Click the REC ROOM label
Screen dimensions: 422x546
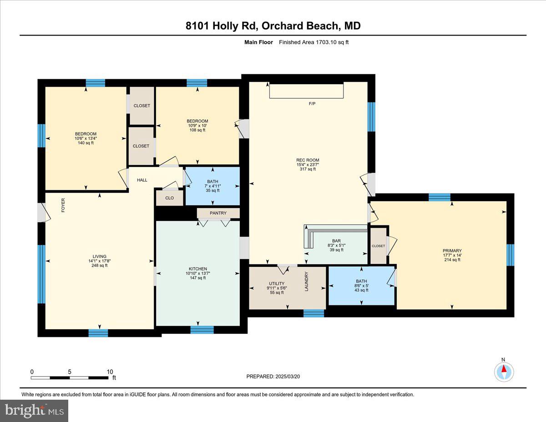pyautogui.click(x=308, y=160)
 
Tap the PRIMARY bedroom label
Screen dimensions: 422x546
pyautogui.click(x=452, y=250)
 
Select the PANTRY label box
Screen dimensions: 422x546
pyautogui.click(x=218, y=213)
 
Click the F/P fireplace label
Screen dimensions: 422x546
pyautogui.click(x=312, y=104)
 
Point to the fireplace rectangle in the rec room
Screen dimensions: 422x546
pyautogui.click(x=306, y=91)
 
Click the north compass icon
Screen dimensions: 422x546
pyautogui.click(x=504, y=371)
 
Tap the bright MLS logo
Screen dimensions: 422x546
pyautogui.click(x=35, y=411)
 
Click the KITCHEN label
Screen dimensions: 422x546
pyautogui.click(x=198, y=269)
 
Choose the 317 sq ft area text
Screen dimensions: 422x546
pyautogui.click(x=308, y=169)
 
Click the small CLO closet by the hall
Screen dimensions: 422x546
pyautogui.click(x=170, y=198)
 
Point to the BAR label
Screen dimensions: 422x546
pyautogui.click(x=336, y=241)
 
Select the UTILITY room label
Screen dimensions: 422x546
pyautogui.click(x=276, y=284)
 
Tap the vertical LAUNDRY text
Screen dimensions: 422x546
pyautogui.click(x=307, y=281)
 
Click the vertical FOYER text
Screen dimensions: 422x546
pyautogui.click(x=63, y=206)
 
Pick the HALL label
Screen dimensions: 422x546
pyautogui.click(x=142, y=180)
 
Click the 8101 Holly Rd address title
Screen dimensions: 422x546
pyautogui.click(x=273, y=26)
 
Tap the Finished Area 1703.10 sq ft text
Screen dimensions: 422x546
pyautogui.click(x=314, y=42)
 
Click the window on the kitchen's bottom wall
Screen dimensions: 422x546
pyautogui.click(x=202, y=330)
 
